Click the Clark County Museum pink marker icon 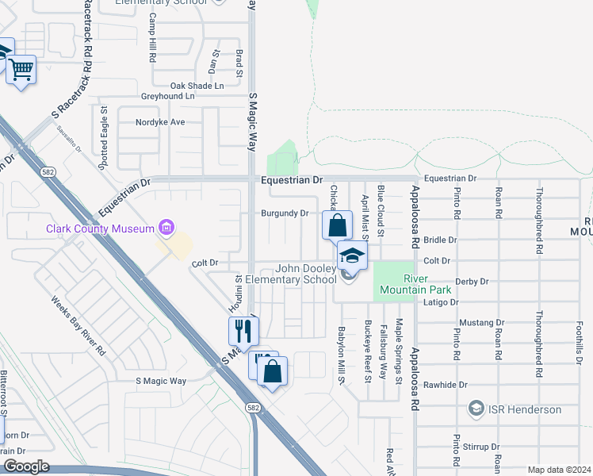tap(166, 229)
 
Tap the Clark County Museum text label tap(101, 229)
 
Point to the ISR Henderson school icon tap(476, 409)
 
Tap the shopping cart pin tap(21, 70)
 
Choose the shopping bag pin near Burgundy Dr tap(337, 225)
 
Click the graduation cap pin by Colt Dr tap(352, 255)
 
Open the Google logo tap(26, 466)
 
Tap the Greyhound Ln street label tap(167, 96)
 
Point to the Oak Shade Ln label tap(197, 86)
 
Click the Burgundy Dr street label tap(285, 213)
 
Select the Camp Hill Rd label tap(151, 48)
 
